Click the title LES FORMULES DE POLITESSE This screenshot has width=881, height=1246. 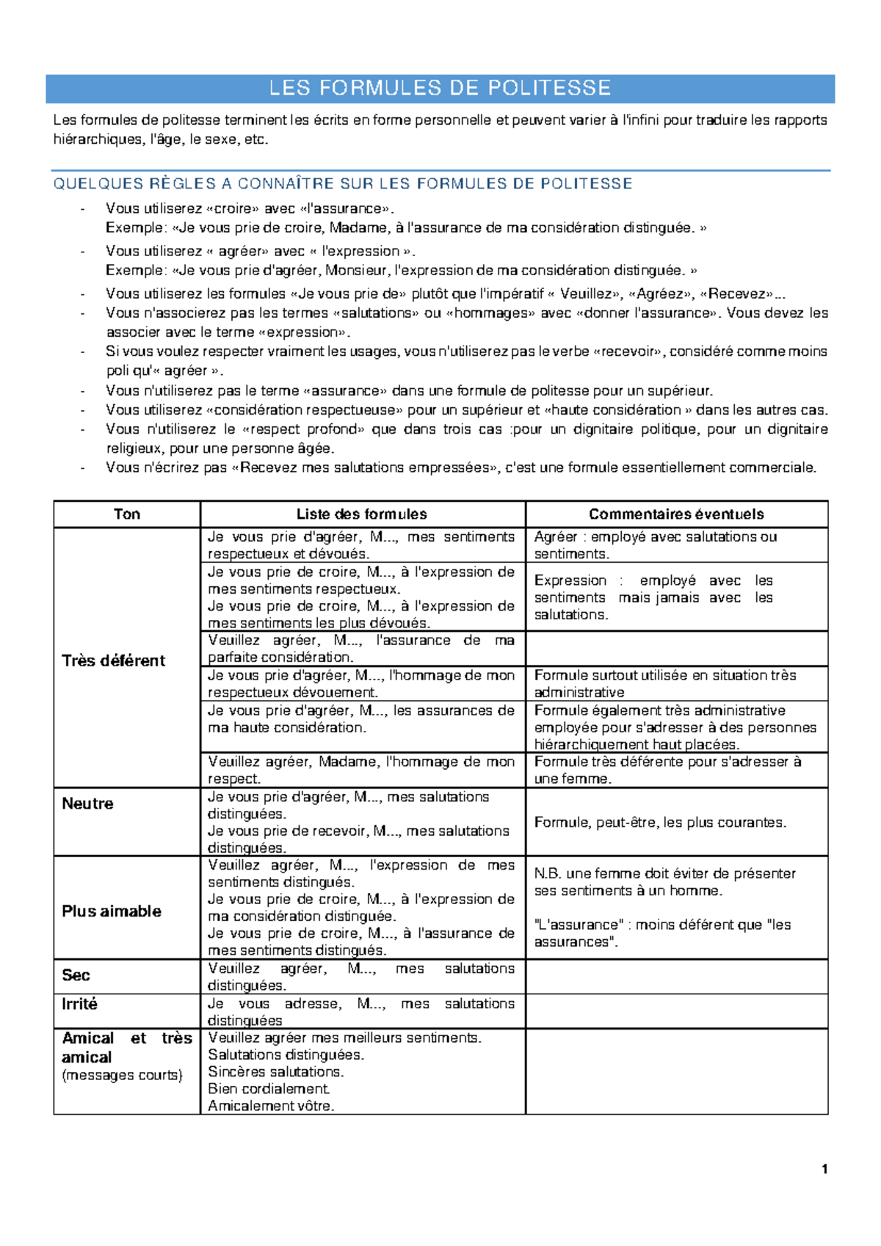click(440, 88)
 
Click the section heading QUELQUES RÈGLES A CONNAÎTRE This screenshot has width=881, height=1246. click(342, 183)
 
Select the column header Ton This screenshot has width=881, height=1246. click(126, 514)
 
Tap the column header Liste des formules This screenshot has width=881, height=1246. click(361, 514)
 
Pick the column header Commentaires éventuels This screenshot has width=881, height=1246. click(675, 514)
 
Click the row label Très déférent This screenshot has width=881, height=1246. click(113, 660)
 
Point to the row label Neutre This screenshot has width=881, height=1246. click(87, 804)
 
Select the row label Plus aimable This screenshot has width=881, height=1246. click(112, 911)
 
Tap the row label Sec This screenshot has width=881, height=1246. click(76, 975)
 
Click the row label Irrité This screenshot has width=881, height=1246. click(79, 1004)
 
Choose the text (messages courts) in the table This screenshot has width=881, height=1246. click(122, 1075)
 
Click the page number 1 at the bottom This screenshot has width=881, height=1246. click(824, 1169)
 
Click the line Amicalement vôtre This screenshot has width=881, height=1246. click(271, 1106)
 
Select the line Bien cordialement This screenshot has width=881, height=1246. click(268, 1089)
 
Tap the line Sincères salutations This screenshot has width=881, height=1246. click(276, 1071)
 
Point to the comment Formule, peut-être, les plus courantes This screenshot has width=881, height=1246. click(659, 823)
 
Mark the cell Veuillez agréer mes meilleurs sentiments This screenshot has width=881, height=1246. click(344, 1038)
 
